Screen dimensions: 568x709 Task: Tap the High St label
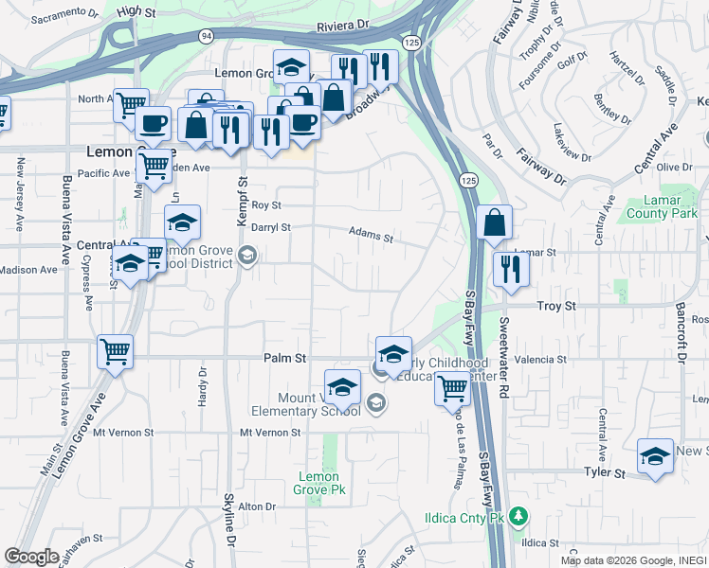coord(136,10)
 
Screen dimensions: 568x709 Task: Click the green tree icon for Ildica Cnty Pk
coord(518,516)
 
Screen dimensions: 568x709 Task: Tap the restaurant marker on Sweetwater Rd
coord(511,269)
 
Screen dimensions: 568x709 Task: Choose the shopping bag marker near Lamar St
coord(495,223)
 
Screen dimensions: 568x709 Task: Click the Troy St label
coord(556,306)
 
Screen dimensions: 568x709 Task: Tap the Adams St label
coord(370,231)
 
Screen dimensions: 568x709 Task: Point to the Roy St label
coord(266,204)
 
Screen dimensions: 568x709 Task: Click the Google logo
coord(32,556)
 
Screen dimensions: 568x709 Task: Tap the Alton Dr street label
coord(256,506)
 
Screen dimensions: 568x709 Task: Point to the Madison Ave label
coord(28,270)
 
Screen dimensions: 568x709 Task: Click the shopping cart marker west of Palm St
coord(115,352)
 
